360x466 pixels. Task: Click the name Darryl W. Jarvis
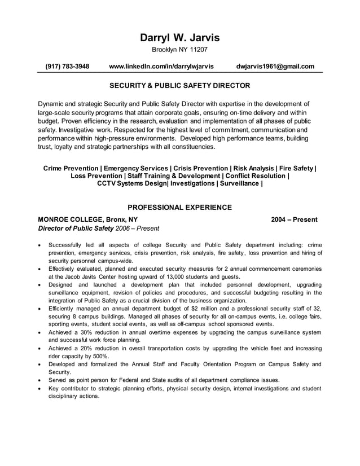tap(179, 38)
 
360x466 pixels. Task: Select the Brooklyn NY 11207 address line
tap(179, 50)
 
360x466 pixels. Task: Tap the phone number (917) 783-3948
tap(67, 67)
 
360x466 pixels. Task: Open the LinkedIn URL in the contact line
tap(161, 67)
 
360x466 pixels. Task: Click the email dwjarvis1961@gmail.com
tap(275, 67)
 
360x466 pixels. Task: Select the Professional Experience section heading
tap(179, 207)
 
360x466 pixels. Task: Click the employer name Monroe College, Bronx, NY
tap(87, 219)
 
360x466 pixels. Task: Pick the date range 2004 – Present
tap(295, 219)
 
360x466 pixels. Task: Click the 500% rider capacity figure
tap(100, 357)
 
